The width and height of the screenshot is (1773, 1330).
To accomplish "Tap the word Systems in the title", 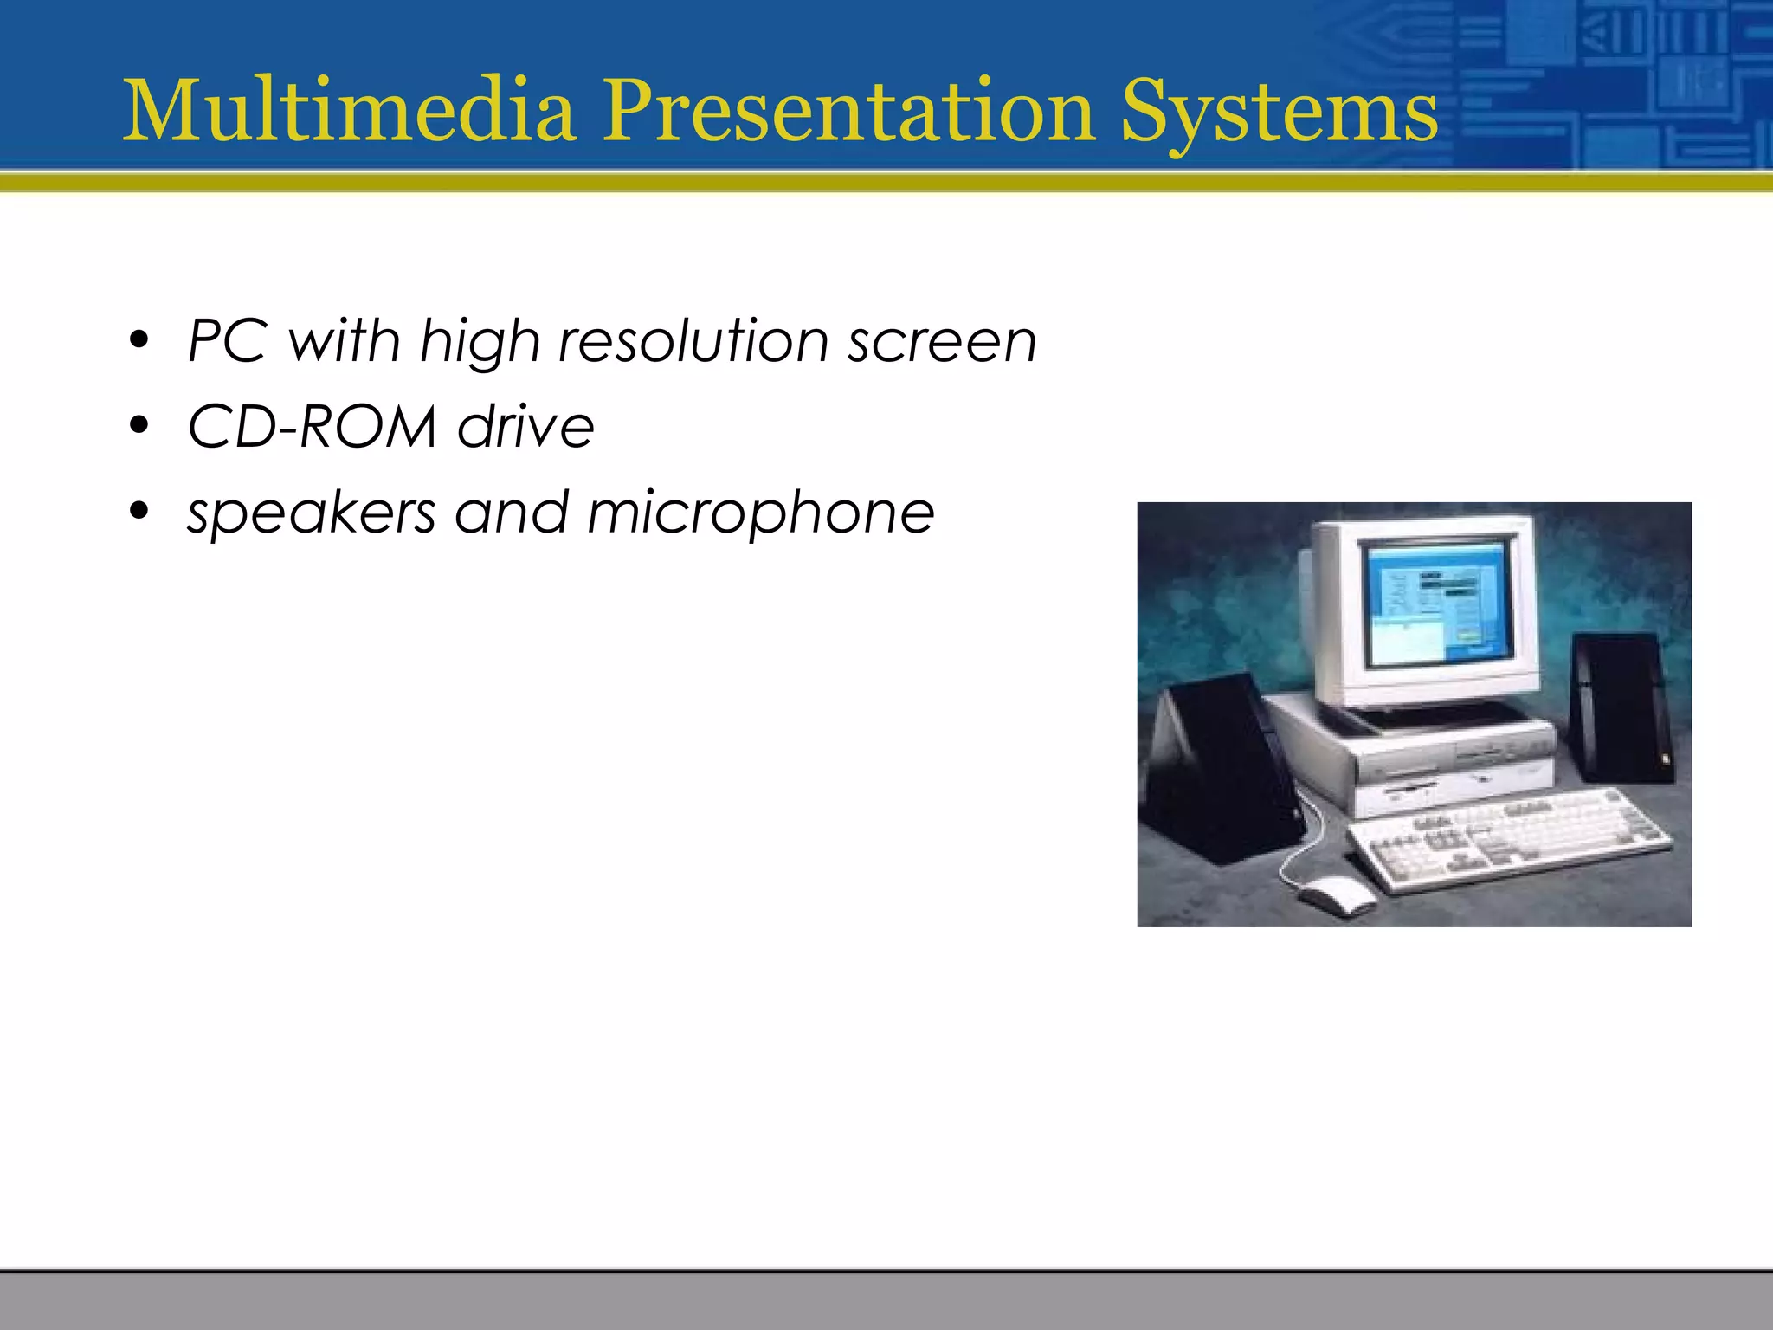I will [1279, 113].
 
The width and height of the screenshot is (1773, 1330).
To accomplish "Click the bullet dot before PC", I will [139, 340].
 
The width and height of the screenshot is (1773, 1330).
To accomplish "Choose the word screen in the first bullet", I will [942, 342].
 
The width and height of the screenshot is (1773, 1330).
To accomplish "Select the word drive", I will [525, 426].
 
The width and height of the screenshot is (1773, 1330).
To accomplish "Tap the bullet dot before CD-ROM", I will [139, 426].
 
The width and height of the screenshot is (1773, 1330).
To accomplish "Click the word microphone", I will [761, 513].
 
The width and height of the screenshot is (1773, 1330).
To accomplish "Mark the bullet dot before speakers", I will [139, 512].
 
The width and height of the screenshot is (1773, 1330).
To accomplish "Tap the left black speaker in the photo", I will [1221, 771].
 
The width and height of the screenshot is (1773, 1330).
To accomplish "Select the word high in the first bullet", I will [480, 342].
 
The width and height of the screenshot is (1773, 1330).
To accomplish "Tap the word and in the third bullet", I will [511, 513].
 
